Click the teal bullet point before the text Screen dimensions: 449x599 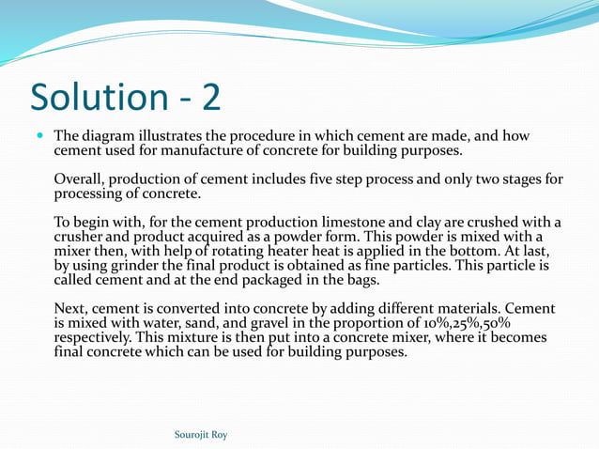pyautogui.click(x=38, y=136)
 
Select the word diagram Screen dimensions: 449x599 pyautogui.click(x=110, y=136)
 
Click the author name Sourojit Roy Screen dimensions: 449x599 pyautogui.click(x=201, y=435)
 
